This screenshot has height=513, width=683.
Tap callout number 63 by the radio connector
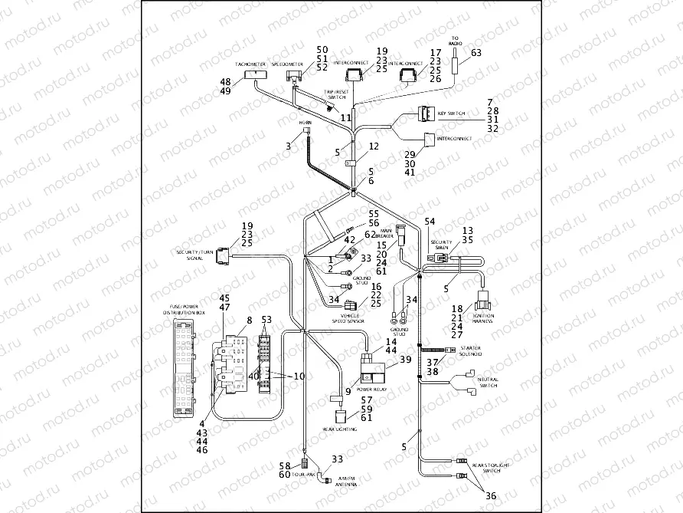pyautogui.click(x=476, y=53)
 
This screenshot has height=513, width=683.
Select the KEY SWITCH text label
pyautogui.click(x=451, y=113)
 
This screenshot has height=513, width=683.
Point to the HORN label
pyautogui.click(x=306, y=122)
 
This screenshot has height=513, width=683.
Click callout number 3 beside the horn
pyautogui.click(x=288, y=145)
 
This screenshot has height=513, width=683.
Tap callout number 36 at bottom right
pyautogui.click(x=490, y=495)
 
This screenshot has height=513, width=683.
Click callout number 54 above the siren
pyautogui.click(x=430, y=221)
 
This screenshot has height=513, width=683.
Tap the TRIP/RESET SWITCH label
pyautogui.click(x=337, y=94)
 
